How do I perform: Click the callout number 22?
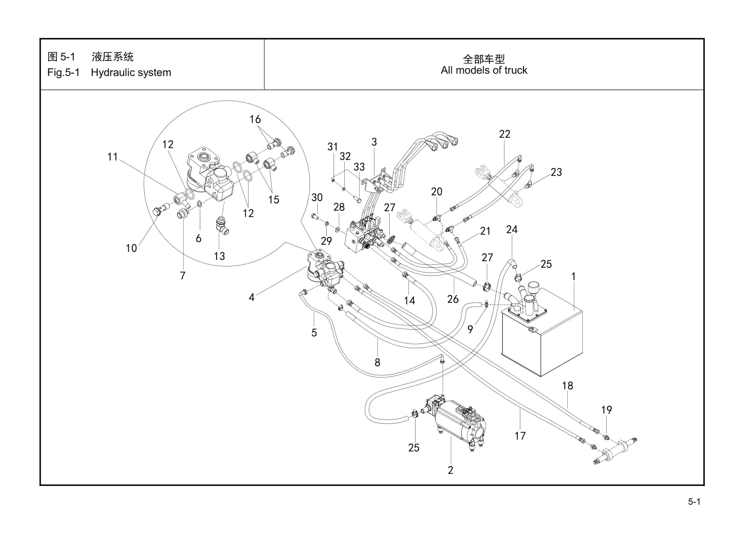[x=504, y=134]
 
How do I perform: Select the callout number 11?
[x=113, y=157]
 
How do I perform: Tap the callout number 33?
[x=359, y=167]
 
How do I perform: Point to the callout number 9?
[x=470, y=329]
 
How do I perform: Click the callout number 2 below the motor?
[x=450, y=470]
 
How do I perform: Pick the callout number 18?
[x=568, y=386]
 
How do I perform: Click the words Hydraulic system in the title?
[x=131, y=72]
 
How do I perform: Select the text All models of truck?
[x=484, y=70]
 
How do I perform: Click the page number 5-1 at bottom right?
[x=694, y=502]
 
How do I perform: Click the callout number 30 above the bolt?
[x=317, y=198]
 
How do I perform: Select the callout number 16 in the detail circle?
[x=255, y=119]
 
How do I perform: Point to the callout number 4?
[x=252, y=298]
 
